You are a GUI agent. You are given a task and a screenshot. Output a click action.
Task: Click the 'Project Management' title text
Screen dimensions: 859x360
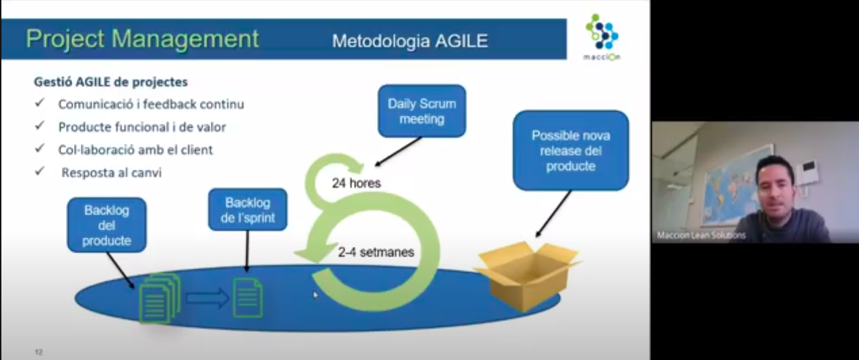pyautogui.click(x=142, y=39)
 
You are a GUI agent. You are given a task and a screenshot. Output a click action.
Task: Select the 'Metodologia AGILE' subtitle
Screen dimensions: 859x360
pyautogui.click(x=410, y=41)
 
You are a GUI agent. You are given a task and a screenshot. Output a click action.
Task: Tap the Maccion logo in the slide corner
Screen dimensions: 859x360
pyautogui.click(x=602, y=37)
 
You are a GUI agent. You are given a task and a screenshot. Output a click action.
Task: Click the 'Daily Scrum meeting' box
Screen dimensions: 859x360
pyautogui.click(x=422, y=111)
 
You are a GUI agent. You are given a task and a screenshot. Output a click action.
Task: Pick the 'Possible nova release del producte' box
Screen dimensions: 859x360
pyautogui.click(x=571, y=150)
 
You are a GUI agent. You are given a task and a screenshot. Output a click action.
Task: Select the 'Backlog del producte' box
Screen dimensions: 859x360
pyautogui.click(x=106, y=225)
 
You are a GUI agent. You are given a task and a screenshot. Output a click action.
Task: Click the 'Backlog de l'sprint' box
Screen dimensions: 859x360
pyautogui.click(x=248, y=210)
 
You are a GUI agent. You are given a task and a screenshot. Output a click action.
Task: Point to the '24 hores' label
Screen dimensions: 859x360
pyautogui.click(x=356, y=183)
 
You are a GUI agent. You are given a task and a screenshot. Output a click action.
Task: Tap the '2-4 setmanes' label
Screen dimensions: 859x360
pyautogui.click(x=376, y=252)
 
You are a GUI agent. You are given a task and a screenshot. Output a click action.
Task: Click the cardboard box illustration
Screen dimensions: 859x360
pyautogui.click(x=527, y=275)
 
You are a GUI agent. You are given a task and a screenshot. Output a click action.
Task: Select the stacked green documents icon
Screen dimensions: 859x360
pyautogui.click(x=159, y=298)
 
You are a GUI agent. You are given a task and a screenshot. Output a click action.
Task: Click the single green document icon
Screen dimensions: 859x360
pyautogui.click(x=248, y=298)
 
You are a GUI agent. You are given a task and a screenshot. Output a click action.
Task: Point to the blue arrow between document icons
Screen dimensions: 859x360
pyautogui.click(x=207, y=298)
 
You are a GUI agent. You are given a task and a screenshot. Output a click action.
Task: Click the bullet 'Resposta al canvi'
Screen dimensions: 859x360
pyautogui.click(x=111, y=172)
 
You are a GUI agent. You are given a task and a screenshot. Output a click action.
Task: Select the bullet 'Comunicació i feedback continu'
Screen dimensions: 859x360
pyautogui.click(x=151, y=104)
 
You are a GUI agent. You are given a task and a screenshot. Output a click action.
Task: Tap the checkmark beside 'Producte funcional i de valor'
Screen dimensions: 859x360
pyautogui.click(x=40, y=125)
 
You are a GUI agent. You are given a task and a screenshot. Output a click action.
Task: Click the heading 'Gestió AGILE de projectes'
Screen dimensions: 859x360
pyautogui.click(x=111, y=81)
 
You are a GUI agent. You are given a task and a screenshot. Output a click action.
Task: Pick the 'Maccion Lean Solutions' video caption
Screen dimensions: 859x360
pyautogui.click(x=701, y=235)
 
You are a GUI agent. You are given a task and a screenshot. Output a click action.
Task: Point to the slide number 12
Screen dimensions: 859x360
pyautogui.click(x=39, y=351)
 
